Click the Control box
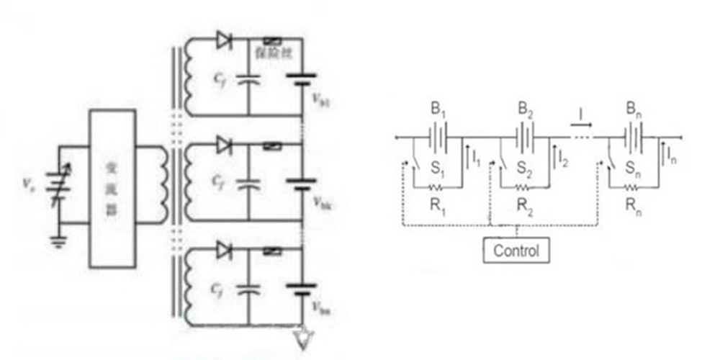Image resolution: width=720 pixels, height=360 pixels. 516,251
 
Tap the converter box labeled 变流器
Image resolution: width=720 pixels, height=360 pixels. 112,189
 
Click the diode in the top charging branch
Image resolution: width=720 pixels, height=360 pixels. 225,41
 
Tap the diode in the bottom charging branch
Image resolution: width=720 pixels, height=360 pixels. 225,251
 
